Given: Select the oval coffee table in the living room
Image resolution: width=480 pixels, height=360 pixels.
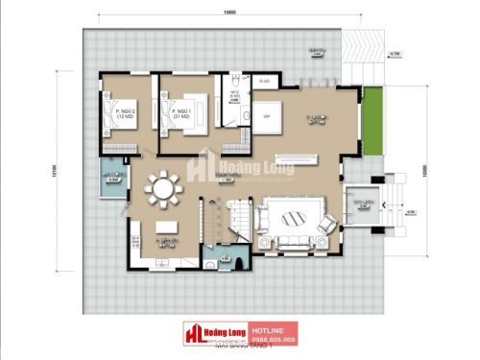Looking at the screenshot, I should [293, 216].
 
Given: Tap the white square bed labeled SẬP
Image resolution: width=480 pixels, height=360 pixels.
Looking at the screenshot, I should [265, 115].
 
